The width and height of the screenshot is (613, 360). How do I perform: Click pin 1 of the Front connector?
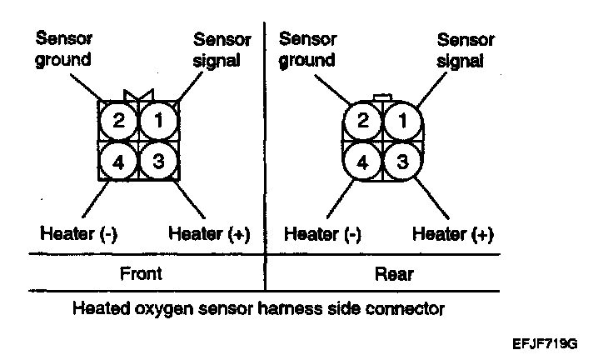pos(159,121)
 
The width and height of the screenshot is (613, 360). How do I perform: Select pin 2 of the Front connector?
pos(119,121)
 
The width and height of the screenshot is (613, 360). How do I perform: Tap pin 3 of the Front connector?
pos(159,161)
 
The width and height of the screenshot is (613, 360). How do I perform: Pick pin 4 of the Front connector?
pos(119,161)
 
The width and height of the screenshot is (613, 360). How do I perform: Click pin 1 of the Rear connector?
pos(402,121)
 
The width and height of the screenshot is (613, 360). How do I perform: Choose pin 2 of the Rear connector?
pos(363,121)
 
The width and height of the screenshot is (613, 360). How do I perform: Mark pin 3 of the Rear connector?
pos(402,161)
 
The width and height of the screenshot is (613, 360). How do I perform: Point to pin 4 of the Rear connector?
pos(363,162)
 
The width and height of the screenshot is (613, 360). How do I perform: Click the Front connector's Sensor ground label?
pos(64,49)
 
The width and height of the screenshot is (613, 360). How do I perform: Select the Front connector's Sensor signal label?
pos(222,50)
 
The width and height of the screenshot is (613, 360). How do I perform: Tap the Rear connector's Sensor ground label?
pos(307,50)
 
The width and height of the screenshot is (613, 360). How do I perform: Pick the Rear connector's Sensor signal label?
pos(466,50)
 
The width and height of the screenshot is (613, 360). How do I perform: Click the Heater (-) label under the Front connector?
pos(78,234)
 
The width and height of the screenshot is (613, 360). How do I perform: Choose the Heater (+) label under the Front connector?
pos(209,234)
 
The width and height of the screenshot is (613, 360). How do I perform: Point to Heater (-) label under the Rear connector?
pos(322,234)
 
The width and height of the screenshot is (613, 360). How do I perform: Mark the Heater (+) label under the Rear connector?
pos(453,234)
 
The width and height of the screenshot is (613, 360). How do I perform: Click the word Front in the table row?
pos(141,273)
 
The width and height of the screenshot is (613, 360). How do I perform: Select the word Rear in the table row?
pos(394,274)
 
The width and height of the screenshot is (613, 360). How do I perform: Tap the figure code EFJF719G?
pos(545,344)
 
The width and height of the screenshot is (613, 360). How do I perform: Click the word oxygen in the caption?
pos(164,309)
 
